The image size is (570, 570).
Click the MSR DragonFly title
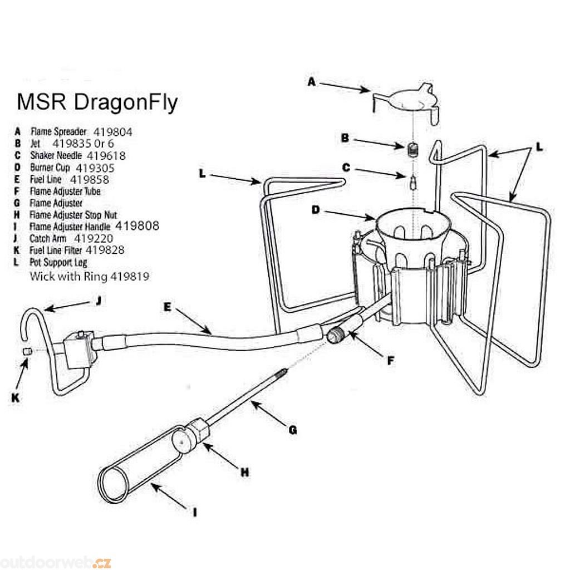tap(97, 103)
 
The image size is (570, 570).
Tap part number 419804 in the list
tap(113, 132)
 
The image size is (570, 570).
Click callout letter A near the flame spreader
tap(312, 81)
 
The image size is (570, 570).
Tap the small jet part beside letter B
tap(412, 149)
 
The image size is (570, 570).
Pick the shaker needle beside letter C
tap(412, 181)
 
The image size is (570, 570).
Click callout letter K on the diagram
tap(15, 397)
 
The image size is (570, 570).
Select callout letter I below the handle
tap(194, 512)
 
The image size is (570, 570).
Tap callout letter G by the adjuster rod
tap(293, 429)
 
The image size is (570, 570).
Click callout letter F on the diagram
tap(390, 360)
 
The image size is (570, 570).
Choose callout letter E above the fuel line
tap(168, 306)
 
